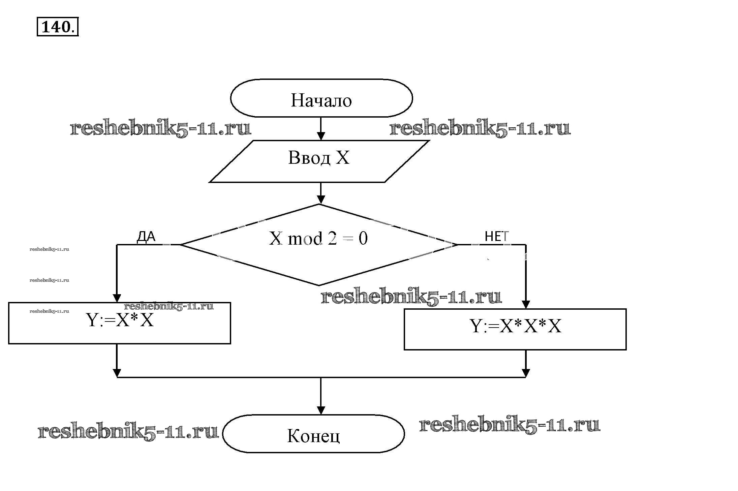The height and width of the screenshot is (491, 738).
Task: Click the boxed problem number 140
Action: point(57,27)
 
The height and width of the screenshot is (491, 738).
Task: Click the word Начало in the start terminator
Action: point(321,100)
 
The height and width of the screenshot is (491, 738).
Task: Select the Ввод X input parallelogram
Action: point(319,161)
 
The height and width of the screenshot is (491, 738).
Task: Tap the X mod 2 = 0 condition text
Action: point(318,239)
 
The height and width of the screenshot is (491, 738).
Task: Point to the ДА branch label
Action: point(146,237)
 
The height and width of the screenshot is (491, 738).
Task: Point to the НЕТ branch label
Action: point(496,237)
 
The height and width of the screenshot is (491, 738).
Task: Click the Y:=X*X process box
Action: point(120,323)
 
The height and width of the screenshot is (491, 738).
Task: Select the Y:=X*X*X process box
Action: point(515,329)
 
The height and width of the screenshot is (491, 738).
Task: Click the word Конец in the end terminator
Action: point(313,435)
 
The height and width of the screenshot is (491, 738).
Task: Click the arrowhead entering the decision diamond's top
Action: point(321,200)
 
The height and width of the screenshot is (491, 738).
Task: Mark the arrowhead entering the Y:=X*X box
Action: point(117,298)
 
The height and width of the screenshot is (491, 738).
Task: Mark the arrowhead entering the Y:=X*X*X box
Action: point(525,304)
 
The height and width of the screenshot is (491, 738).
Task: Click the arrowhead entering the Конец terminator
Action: point(321,410)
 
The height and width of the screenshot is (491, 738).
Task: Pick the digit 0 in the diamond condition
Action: point(363,239)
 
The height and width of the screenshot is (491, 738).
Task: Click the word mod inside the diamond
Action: point(305,239)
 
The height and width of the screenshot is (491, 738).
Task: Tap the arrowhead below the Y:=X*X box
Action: point(117,373)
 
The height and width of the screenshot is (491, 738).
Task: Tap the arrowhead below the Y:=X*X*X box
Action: point(525,373)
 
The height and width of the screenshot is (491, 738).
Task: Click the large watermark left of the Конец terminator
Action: point(128,432)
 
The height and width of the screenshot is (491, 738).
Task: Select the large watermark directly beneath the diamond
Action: point(411,297)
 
